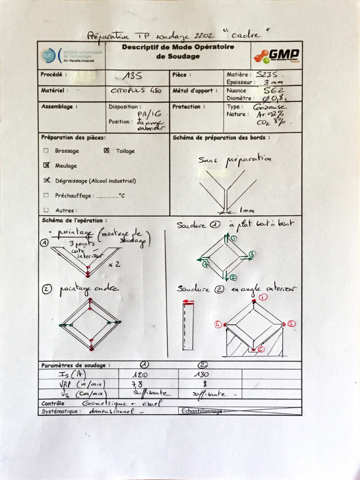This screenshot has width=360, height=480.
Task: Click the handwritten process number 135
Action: tap(133, 76)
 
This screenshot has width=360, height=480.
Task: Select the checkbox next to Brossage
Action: tap(46, 151)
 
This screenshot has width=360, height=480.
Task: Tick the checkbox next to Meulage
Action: tap(46, 165)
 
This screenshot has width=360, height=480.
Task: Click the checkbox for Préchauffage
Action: tap(46, 195)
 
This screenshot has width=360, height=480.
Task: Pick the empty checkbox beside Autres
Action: tap(46, 210)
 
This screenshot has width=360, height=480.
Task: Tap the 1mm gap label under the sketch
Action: tap(247, 210)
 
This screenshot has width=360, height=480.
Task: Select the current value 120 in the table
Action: tap(141, 375)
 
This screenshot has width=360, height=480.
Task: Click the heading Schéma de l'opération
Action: tap(74, 220)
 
